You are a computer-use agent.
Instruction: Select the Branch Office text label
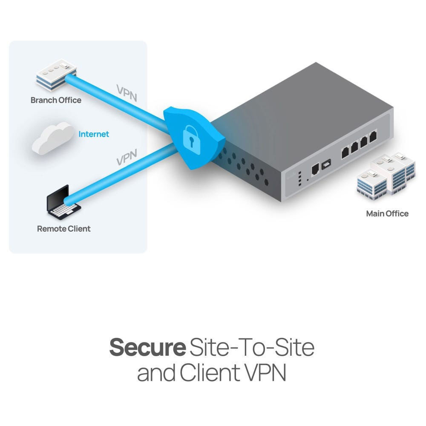click(x=56, y=101)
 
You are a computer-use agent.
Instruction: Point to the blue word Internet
click(x=94, y=134)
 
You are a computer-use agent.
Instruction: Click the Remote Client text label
click(x=64, y=229)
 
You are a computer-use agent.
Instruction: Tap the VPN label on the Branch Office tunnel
click(x=127, y=92)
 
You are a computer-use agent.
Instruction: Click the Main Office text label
click(x=387, y=214)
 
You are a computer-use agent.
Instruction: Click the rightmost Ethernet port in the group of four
click(x=373, y=137)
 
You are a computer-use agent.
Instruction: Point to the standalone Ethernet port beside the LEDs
click(x=316, y=169)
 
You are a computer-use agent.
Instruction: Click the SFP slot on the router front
click(x=326, y=164)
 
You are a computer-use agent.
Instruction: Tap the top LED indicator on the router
click(x=299, y=173)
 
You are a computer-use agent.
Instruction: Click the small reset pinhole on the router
click(x=308, y=175)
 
